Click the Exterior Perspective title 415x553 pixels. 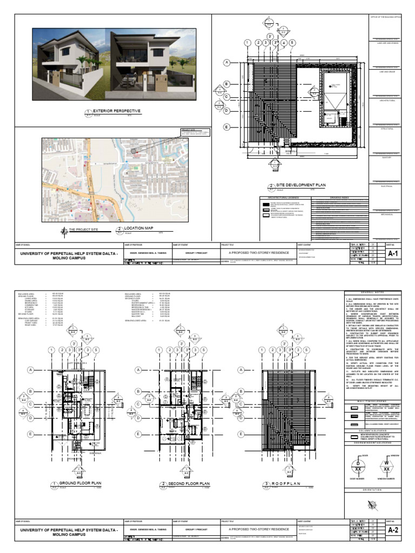117,111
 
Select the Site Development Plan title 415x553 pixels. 301,185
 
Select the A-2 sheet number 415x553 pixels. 393,531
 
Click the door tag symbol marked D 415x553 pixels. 357,465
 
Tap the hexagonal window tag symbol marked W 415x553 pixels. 386,465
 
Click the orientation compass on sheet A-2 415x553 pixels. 372,505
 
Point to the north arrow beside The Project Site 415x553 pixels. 65,232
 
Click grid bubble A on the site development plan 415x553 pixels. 227,63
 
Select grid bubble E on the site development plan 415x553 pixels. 227,127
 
